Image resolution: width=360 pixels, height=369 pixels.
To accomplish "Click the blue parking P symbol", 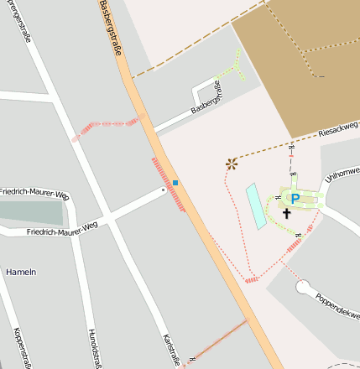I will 294,199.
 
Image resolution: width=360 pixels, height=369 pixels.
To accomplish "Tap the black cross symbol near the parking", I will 286,213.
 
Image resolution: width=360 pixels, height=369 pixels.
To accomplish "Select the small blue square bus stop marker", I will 175,182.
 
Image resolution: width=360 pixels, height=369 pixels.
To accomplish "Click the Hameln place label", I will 21,273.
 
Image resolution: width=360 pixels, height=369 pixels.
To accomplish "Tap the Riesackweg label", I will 338,130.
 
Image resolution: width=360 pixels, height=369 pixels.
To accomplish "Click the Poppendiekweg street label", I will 337,309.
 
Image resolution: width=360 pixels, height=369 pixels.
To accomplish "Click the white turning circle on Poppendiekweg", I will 304,288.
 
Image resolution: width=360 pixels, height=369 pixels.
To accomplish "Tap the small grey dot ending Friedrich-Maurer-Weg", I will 164,190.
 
